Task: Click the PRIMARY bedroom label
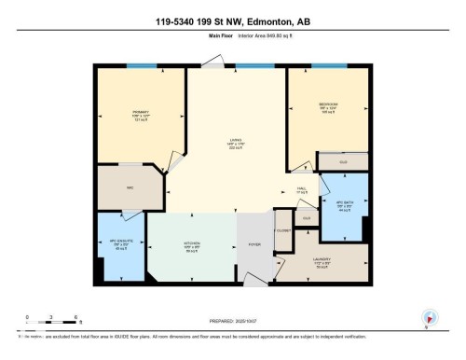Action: click(x=141, y=112)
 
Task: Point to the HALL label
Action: click(x=302, y=189)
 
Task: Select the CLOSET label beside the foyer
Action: click(x=283, y=230)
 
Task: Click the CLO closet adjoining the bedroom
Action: click(x=343, y=161)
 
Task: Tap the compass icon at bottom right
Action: click(x=429, y=318)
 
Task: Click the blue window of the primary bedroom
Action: click(x=141, y=65)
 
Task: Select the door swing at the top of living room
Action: click(x=213, y=61)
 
